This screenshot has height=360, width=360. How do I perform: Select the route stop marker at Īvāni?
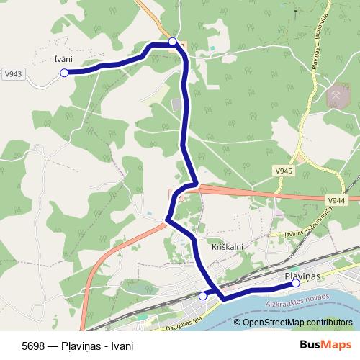point(64,73)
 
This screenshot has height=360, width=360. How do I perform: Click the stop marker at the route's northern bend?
point(173,42)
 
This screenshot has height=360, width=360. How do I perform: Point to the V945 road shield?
point(283,171)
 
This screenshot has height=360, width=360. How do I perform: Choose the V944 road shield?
point(336,199)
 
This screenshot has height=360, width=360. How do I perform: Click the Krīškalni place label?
point(228,246)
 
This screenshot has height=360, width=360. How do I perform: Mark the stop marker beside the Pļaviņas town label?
point(296,284)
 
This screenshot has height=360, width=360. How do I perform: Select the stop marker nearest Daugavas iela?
point(203,296)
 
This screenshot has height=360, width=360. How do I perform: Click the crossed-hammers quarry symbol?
point(336,95)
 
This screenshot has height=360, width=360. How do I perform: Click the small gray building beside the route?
point(177,106)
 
